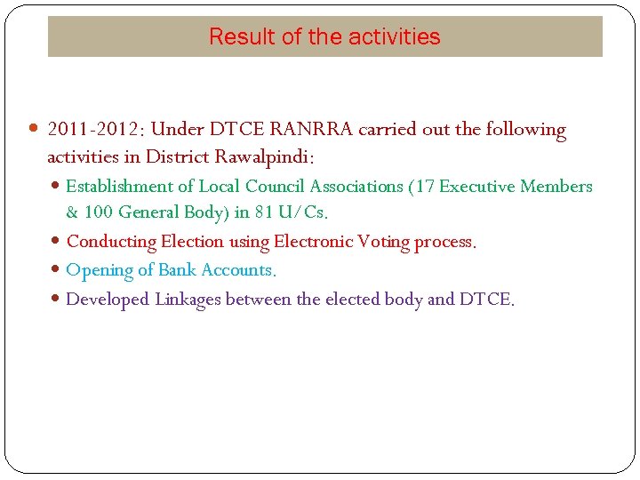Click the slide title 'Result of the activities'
pos(324,36)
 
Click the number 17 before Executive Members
pos(424,187)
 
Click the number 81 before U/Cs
pos(265,213)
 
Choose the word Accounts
pos(238,270)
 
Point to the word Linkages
pos(188,300)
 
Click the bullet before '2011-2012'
pos(35,130)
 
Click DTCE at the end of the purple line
pos(485,300)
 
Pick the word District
pos(177,157)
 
